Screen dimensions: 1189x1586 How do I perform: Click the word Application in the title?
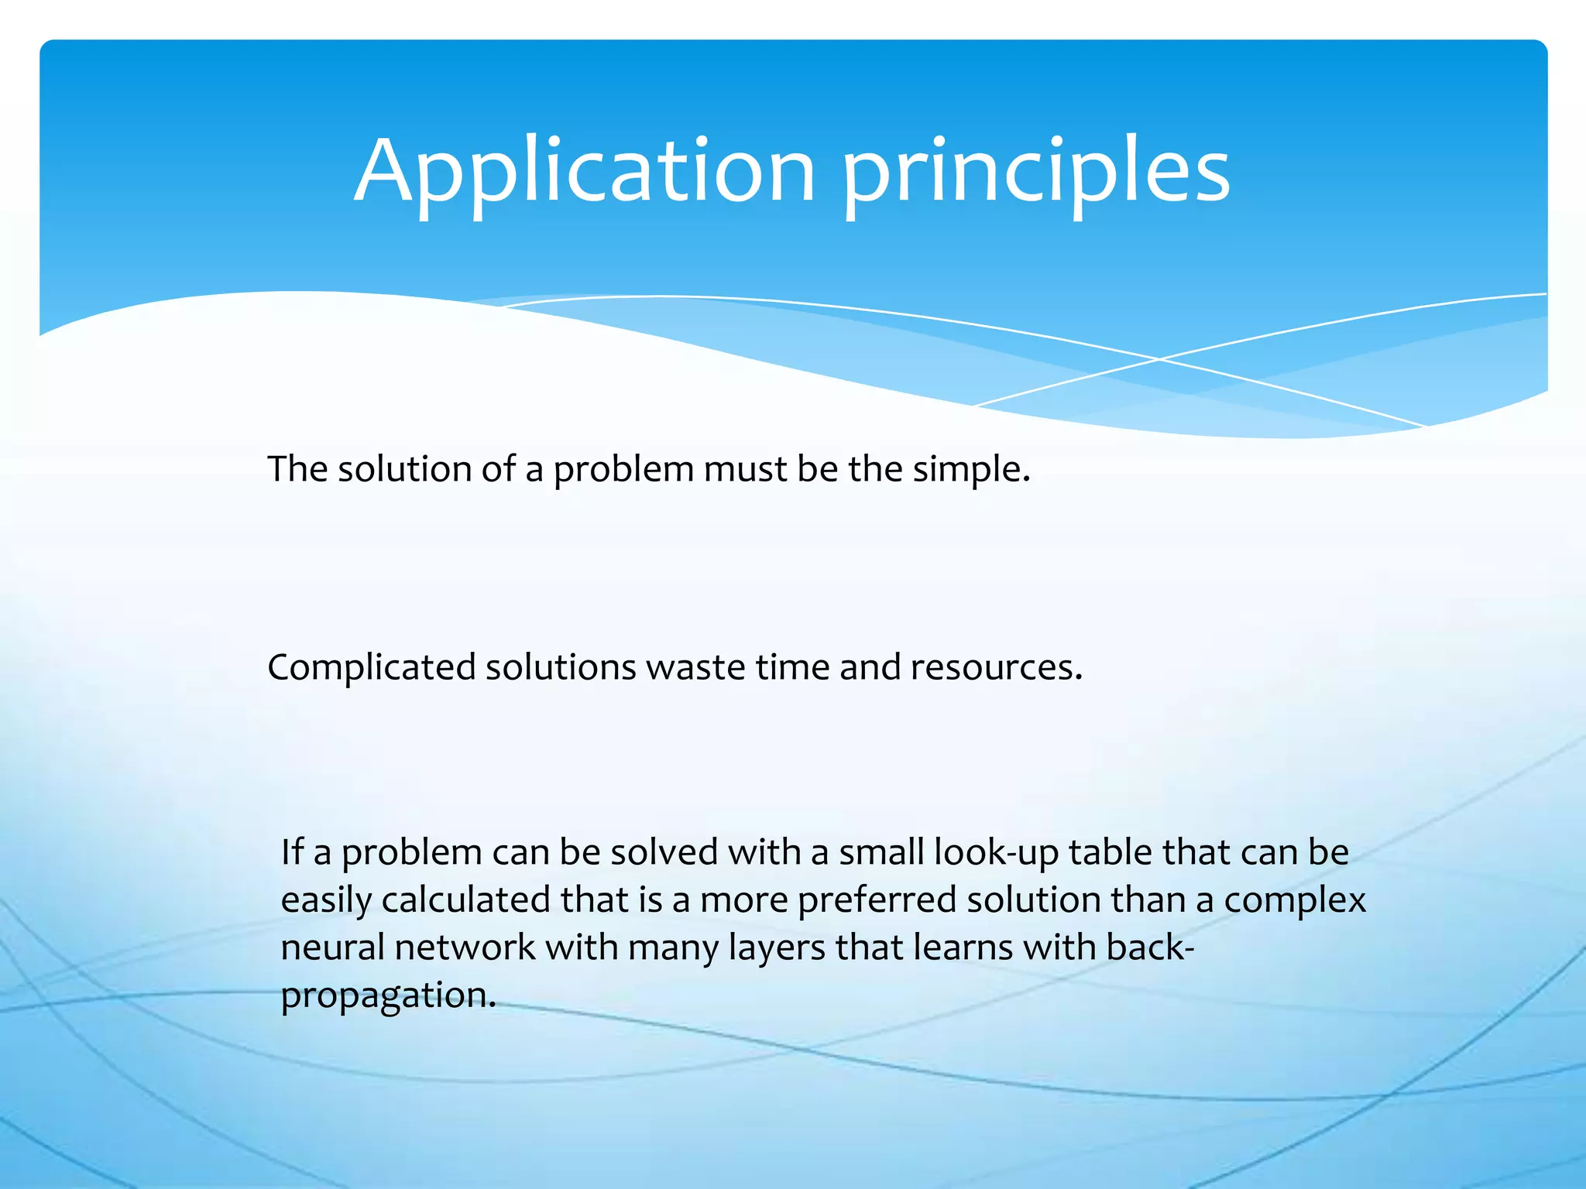[x=585, y=172]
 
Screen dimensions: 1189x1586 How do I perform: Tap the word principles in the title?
[x=1035, y=172]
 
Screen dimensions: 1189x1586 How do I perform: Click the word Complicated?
[x=371, y=667]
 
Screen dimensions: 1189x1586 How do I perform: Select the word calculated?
[x=466, y=900]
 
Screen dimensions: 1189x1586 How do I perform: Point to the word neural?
[x=332, y=947]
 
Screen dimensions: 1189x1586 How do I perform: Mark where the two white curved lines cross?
[x=1159, y=359]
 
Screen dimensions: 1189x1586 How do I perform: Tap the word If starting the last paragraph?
[x=292, y=851]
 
